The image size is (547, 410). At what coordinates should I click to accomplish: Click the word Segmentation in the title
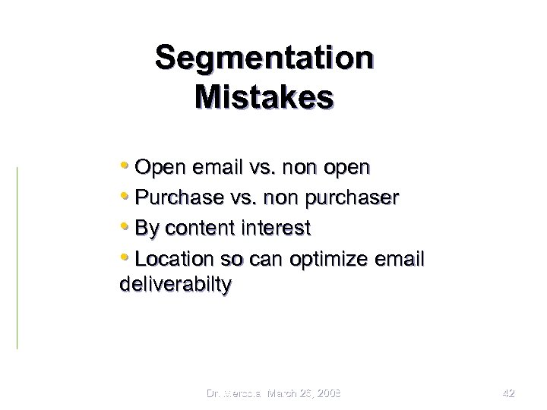click(x=264, y=58)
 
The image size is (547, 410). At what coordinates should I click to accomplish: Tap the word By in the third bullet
click(x=143, y=229)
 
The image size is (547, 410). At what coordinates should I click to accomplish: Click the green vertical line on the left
click(x=17, y=258)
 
